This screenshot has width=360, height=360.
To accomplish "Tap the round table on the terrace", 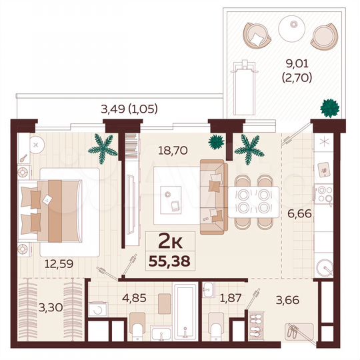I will (x=291, y=27).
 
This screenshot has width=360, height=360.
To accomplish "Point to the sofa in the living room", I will (x=215, y=191).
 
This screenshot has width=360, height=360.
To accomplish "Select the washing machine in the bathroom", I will (x=99, y=310).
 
